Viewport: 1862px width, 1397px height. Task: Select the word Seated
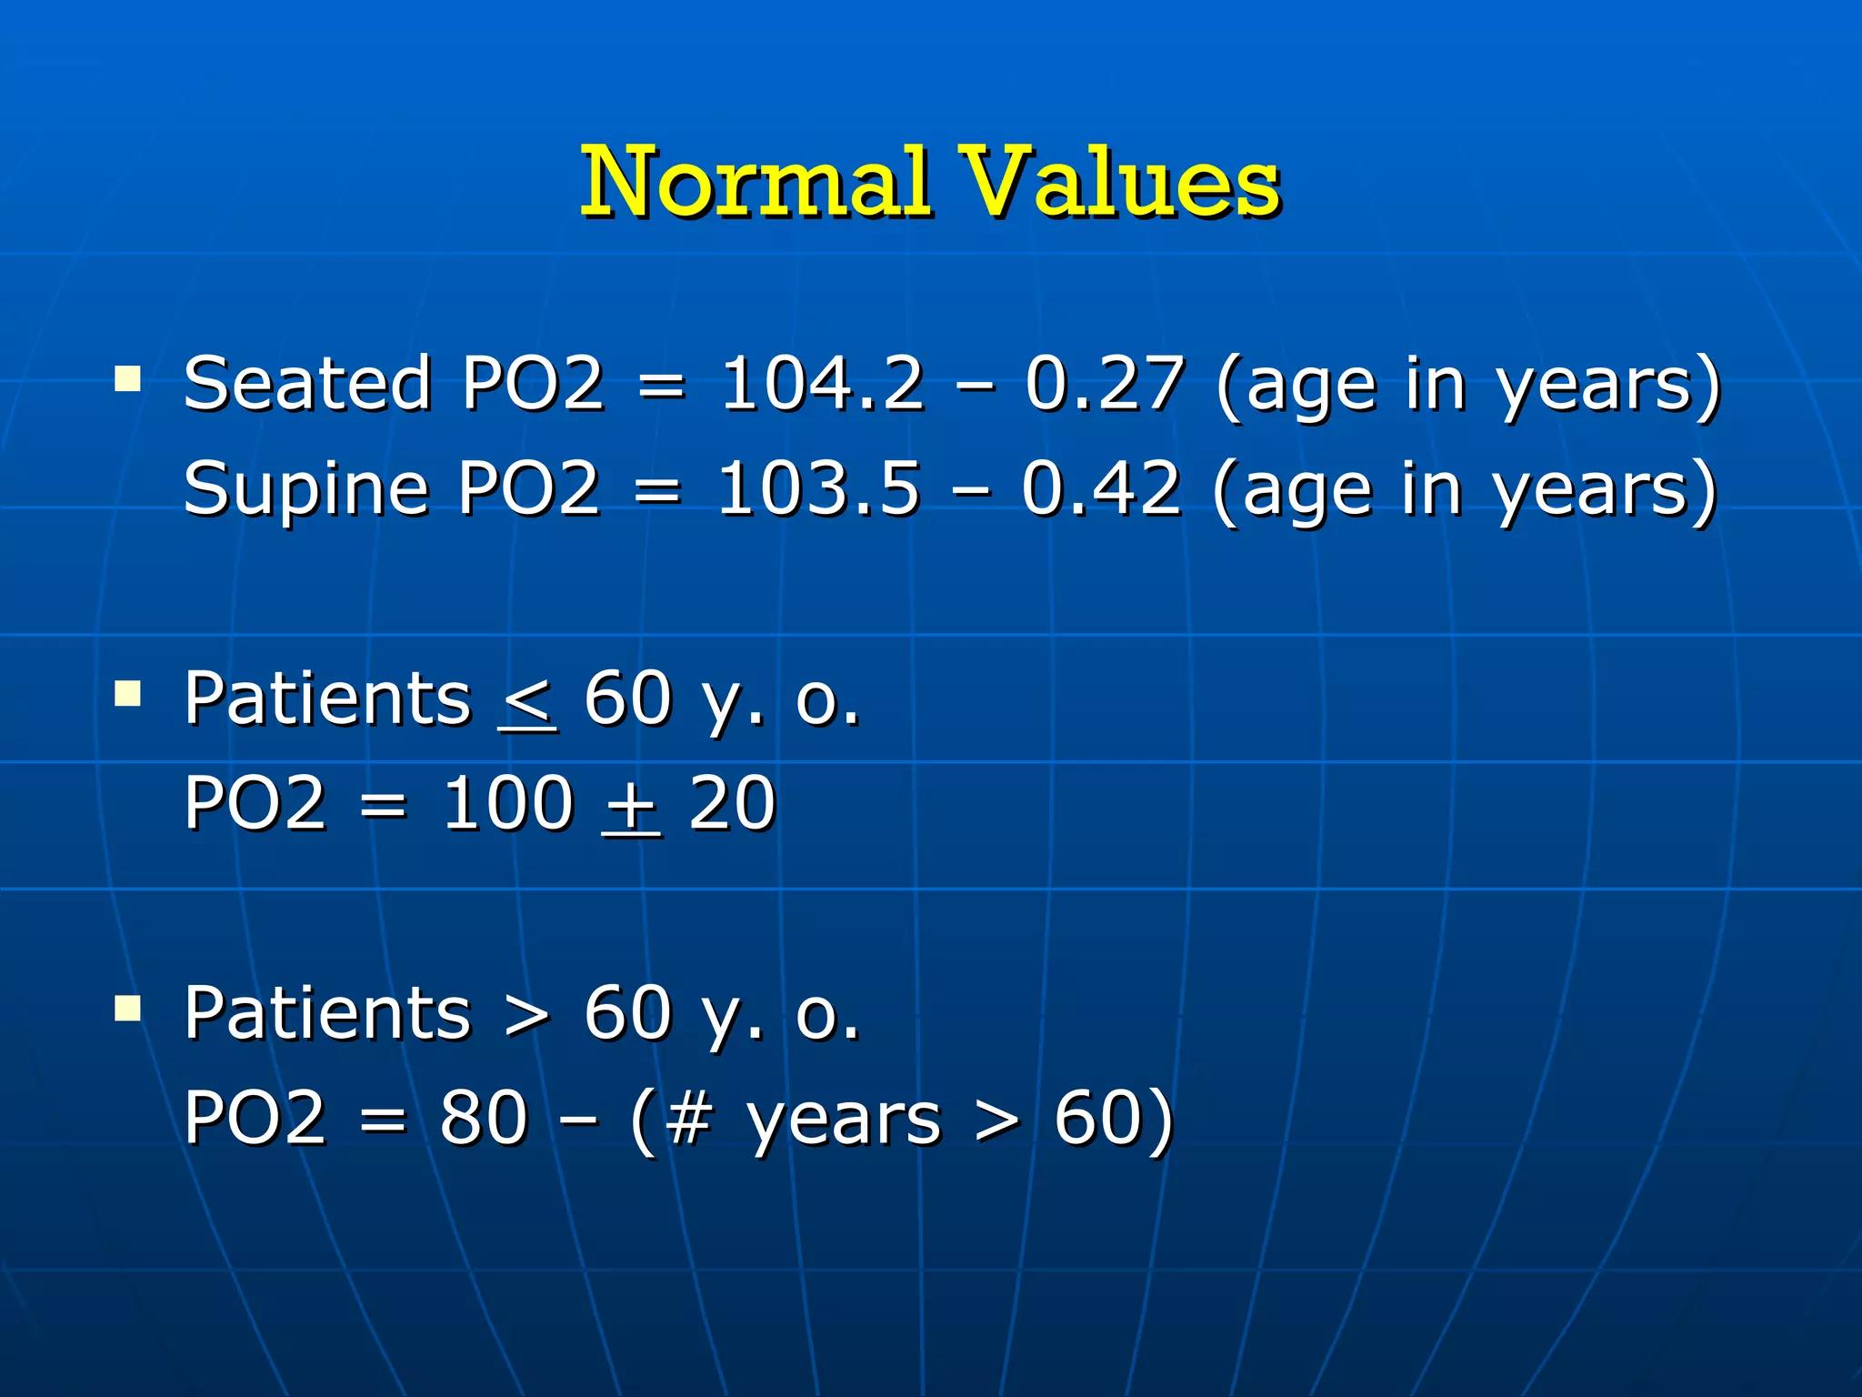(x=306, y=383)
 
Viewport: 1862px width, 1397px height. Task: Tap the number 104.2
(x=822, y=383)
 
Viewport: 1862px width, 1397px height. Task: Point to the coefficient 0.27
(x=1105, y=383)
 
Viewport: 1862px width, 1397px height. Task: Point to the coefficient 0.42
(x=1101, y=488)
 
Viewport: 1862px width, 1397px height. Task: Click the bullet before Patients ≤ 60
(x=128, y=695)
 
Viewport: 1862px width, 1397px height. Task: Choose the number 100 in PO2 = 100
(x=507, y=804)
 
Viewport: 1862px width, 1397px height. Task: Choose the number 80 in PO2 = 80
(x=484, y=1118)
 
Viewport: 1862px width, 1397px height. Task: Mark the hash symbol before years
(x=687, y=1118)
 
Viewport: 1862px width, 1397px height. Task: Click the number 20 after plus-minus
(x=732, y=804)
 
